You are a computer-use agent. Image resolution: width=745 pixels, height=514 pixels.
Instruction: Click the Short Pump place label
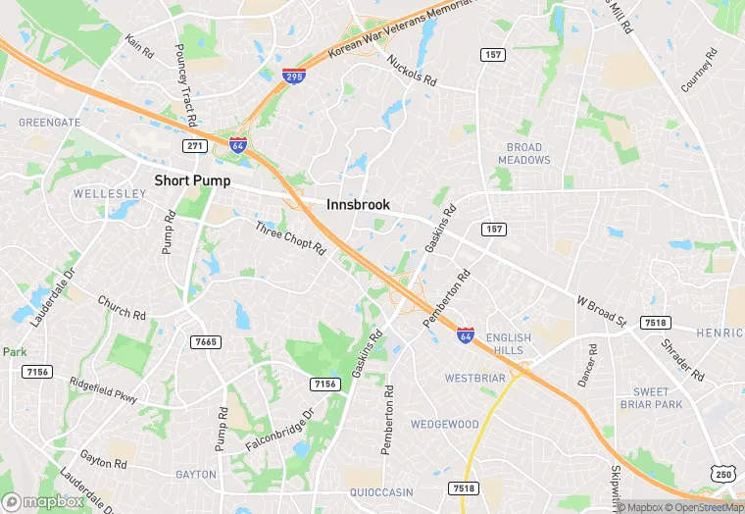[x=197, y=180]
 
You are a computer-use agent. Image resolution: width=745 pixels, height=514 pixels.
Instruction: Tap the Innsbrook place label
[x=358, y=205]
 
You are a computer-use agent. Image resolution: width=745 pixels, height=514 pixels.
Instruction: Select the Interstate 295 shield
[x=292, y=77]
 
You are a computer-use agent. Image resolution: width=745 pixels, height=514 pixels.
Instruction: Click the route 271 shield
[x=194, y=145]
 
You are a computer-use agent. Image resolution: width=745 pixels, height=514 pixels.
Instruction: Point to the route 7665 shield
[x=206, y=341]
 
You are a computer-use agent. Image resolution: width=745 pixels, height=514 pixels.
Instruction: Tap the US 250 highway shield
[x=724, y=475]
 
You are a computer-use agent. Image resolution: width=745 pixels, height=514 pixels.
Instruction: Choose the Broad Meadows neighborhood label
[x=524, y=154]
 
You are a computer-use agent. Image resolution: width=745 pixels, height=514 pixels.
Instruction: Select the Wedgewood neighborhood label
[x=444, y=425]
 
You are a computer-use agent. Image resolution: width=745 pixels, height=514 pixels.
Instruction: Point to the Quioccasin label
[x=381, y=492]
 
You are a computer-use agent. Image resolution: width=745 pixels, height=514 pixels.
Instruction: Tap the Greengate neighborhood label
[x=50, y=123]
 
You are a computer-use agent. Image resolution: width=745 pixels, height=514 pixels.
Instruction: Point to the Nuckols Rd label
[x=412, y=70]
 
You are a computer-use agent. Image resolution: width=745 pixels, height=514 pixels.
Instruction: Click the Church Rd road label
[x=122, y=307]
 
